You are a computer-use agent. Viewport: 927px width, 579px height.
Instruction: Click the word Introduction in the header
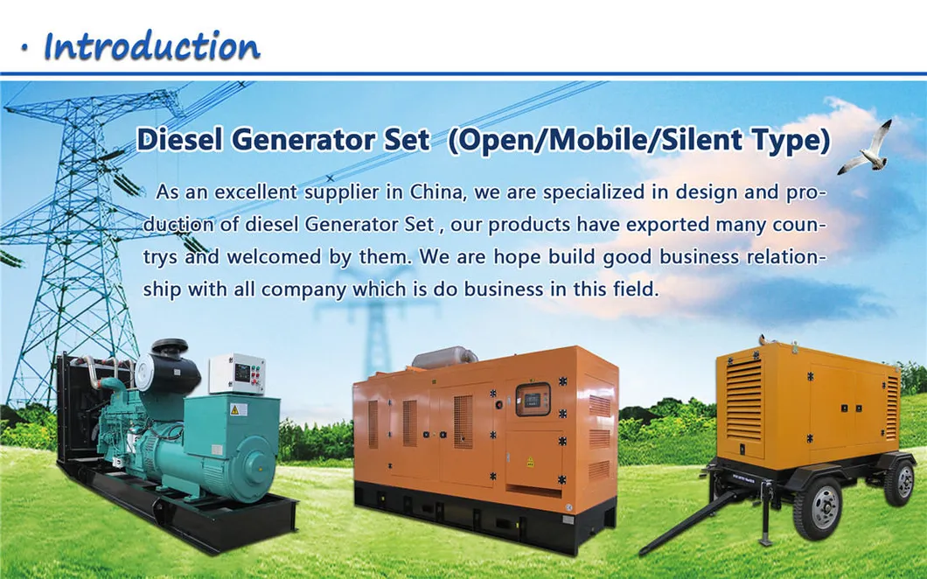[151, 45]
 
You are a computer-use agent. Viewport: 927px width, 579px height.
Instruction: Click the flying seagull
[865, 150]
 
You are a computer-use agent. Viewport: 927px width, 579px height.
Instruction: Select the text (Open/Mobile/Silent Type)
[638, 140]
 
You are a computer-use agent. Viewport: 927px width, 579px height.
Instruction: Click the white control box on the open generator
[236, 373]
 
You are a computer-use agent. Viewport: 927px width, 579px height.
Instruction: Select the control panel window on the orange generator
[532, 399]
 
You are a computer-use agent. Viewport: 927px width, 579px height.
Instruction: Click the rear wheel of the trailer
[899, 483]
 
